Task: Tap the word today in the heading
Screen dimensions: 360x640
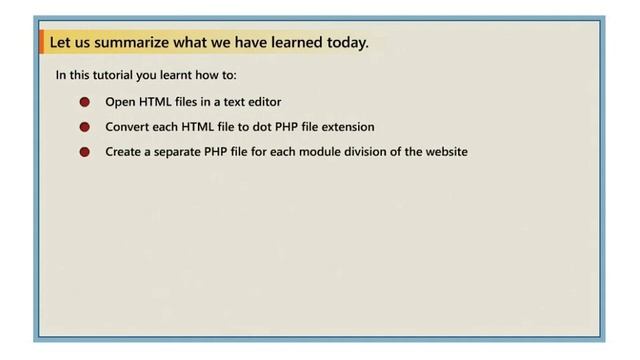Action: (345, 43)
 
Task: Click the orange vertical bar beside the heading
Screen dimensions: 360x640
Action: (42, 43)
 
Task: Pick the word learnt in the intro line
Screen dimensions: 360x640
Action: (179, 75)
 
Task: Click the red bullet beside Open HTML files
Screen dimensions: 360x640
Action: (85, 102)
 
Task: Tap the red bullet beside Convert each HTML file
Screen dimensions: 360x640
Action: (85, 127)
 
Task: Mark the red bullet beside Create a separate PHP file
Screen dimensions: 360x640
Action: (85, 153)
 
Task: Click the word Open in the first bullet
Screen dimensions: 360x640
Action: (120, 102)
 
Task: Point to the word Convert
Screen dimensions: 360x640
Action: (127, 127)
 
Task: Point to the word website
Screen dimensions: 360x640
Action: (446, 153)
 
